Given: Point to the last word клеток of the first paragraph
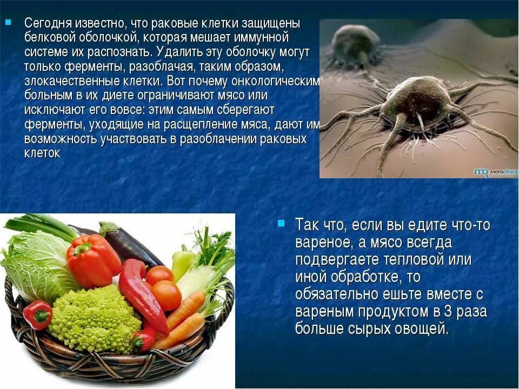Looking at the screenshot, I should [x=42, y=153].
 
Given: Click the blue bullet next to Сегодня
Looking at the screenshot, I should [x=7, y=23].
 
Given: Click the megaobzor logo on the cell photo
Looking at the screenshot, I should [x=495, y=172].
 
